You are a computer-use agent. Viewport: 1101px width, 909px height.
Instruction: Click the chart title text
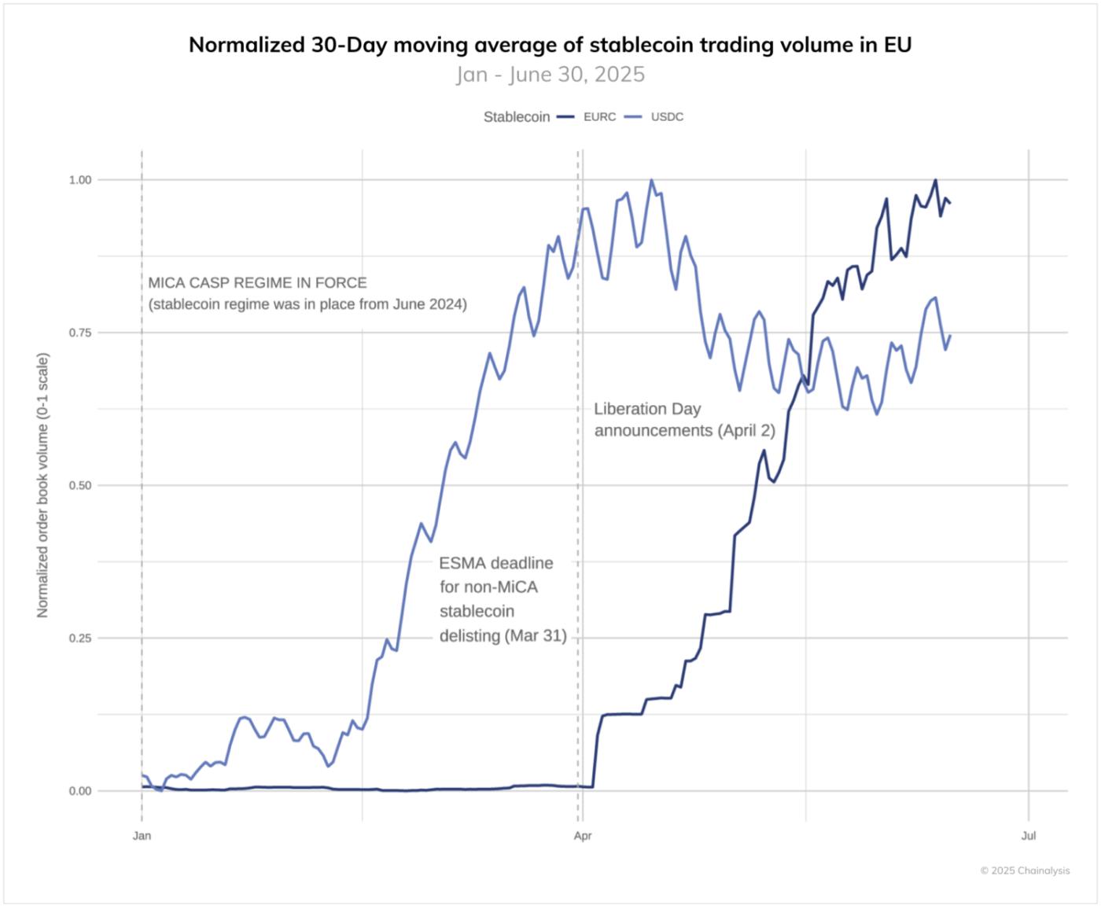[550, 45]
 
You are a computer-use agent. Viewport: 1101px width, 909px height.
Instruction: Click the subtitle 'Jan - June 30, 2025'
[550, 75]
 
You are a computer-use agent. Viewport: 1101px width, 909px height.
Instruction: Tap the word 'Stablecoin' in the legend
[516, 117]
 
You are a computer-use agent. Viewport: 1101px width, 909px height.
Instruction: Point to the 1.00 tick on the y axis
[80, 180]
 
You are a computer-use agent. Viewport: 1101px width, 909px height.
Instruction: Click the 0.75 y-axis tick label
[80, 333]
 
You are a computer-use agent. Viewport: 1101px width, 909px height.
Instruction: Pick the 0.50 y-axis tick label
[80, 485]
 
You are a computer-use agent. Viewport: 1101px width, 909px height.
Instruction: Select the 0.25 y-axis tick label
[80, 638]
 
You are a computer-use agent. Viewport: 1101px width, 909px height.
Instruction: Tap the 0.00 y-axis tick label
[80, 791]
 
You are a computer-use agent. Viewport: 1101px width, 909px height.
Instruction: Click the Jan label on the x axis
[142, 836]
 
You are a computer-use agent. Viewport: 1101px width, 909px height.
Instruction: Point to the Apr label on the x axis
[582, 836]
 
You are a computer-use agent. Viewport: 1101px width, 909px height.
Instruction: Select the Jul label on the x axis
[1028, 836]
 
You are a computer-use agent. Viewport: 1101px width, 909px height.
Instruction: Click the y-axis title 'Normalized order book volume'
[42, 484]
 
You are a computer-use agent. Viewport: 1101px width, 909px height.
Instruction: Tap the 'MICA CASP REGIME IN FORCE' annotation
[257, 283]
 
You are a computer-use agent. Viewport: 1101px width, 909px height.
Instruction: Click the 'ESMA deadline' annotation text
[496, 564]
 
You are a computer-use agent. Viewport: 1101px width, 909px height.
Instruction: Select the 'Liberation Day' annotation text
[647, 409]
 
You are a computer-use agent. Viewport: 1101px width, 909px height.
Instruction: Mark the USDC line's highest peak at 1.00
[651, 180]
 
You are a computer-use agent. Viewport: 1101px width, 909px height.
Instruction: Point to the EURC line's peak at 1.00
[935, 180]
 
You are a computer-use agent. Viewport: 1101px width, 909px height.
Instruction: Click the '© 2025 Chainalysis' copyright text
[1025, 870]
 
